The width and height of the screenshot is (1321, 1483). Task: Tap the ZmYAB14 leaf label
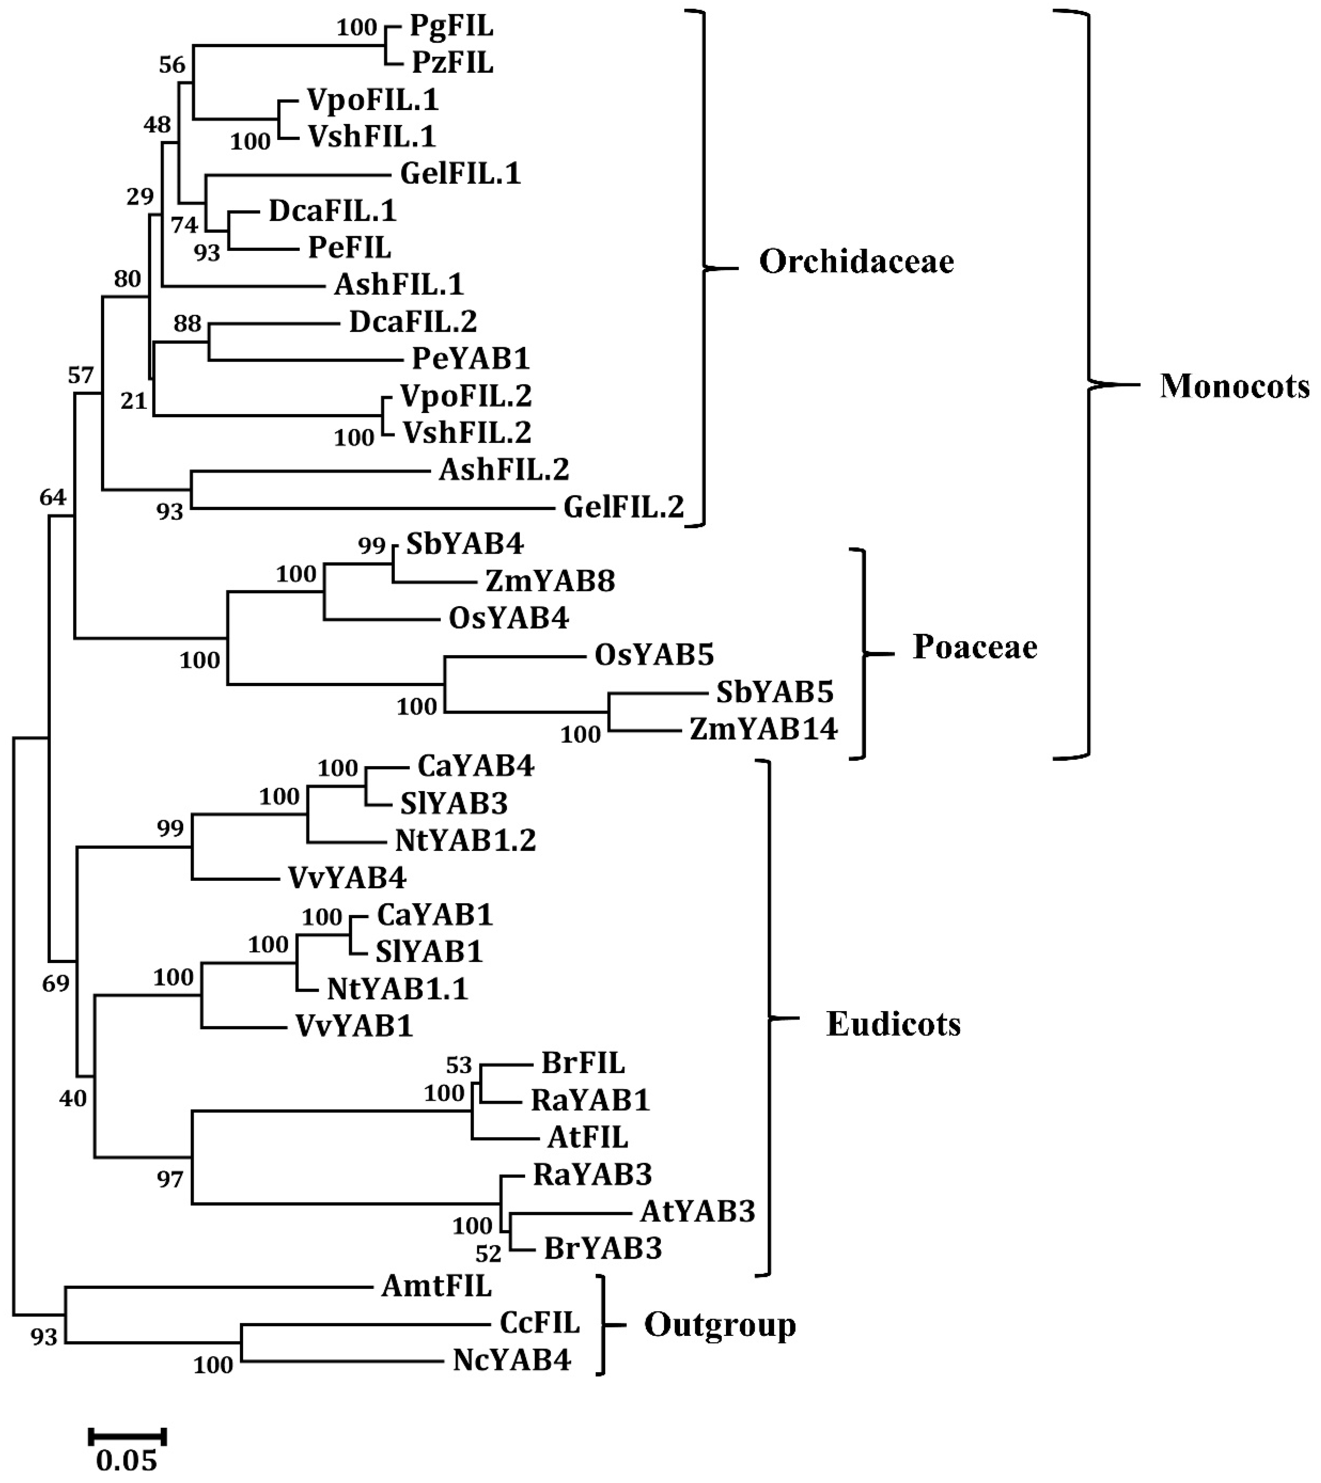[x=764, y=728]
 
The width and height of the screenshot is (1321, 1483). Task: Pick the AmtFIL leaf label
[x=436, y=1286]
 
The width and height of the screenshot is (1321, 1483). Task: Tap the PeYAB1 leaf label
[x=471, y=358]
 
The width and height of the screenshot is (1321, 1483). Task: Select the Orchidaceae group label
[x=856, y=262]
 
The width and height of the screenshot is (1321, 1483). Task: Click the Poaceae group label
[x=975, y=647]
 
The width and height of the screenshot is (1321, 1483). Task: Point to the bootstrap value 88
[x=187, y=323]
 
